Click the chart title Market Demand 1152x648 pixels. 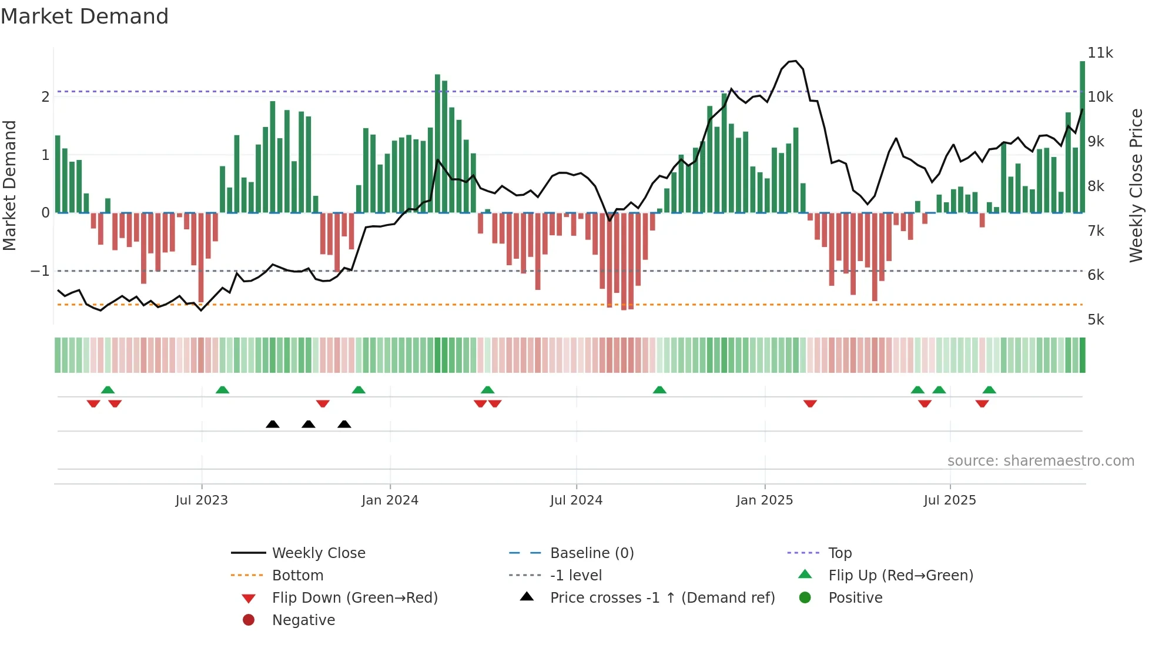pyautogui.click(x=85, y=16)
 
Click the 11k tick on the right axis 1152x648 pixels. pyautogui.click(x=1100, y=53)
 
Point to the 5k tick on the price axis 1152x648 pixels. pyautogui.click(x=1096, y=319)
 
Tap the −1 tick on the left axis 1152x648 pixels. pyautogui.click(x=40, y=270)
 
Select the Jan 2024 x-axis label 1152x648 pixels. pyautogui.click(x=390, y=500)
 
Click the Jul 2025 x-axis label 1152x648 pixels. pyautogui.click(x=949, y=500)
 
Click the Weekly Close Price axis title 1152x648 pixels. pyautogui.click(x=1136, y=185)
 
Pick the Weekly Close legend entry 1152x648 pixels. pyautogui.click(x=318, y=553)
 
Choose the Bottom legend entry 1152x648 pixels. pyautogui.click(x=297, y=575)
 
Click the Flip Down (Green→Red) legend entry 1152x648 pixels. pyautogui.click(x=354, y=597)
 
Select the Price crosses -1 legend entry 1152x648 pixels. pyautogui.click(x=662, y=597)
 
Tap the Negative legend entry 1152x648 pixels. pyautogui.click(x=303, y=620)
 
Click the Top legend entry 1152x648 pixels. pyautogui.click(x=839, y=553)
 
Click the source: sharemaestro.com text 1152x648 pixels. pyautogui.click(x=1040, y=460)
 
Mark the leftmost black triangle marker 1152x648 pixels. pyautogui.click(x=272, y=424)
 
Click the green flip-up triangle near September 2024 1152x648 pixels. pyautogui.click(x=659, y=390)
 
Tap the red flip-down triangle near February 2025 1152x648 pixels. pyautogui.click(x=810, y=403)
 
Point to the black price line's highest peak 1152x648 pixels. pyautogui.click(x=794, y=61)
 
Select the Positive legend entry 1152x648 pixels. pyautogui.click(x=855, y=597)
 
